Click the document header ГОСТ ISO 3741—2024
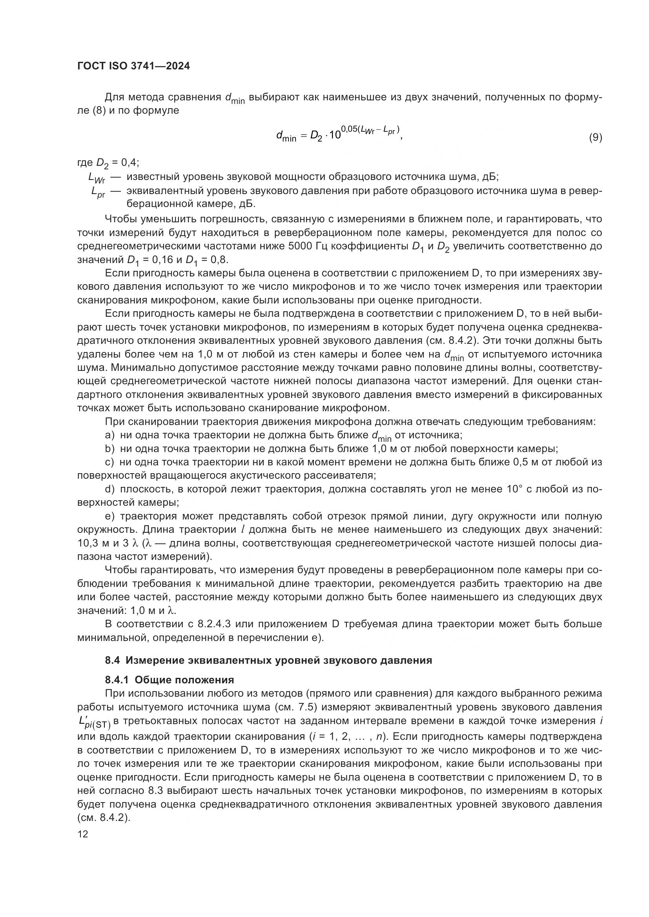point(133,66)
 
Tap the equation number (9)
point(595,137)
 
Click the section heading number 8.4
point(112,660)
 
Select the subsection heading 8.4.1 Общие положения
point(170,680)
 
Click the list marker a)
point(109,435)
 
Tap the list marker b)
point(109,449)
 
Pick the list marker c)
point(109,462)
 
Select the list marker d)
point(109,489)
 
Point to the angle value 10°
point(515,489)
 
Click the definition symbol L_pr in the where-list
point(98,192)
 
